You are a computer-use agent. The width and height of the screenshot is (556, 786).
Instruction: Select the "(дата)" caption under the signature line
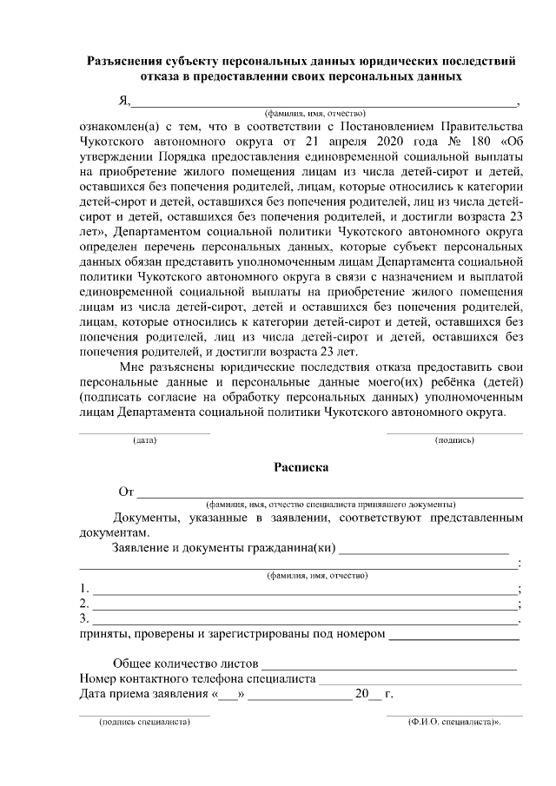tap(144, 441)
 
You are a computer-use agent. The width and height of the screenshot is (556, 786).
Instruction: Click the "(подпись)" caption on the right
tap(453, 441)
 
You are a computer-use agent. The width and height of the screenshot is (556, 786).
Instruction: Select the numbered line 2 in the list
tap(304, 605)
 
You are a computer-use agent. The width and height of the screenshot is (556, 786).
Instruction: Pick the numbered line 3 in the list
tap(304, 620)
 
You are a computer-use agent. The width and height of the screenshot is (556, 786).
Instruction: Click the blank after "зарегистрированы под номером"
tap(453, 637)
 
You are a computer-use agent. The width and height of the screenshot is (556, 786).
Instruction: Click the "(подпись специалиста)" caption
tap(144, 723)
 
